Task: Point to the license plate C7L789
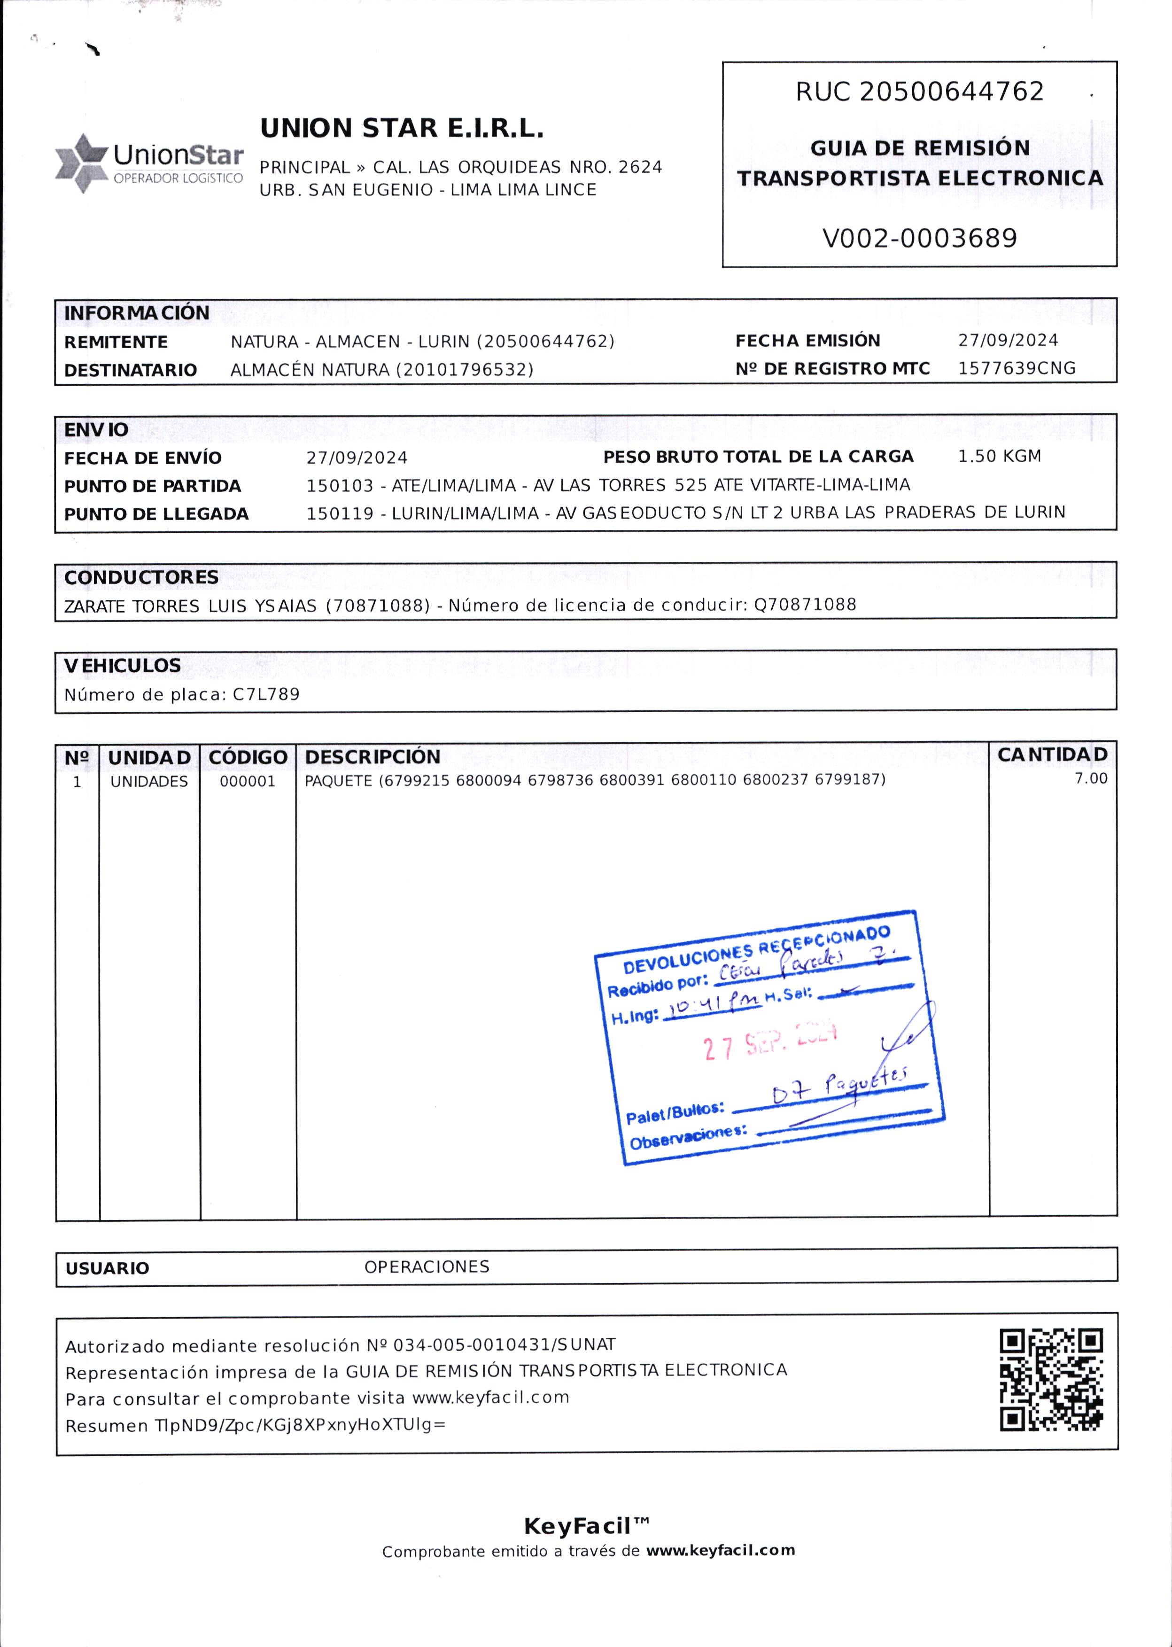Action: [x=265, y=694]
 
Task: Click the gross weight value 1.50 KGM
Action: [x=999, y=456]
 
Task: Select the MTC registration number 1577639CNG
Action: [x=1016, y=368]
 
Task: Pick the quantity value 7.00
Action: [x=1090, y=778]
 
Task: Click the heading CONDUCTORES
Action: [x=141, y=577]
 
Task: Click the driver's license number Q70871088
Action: [x=805, y=604]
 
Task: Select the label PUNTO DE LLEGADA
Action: [x=156, y=514]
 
